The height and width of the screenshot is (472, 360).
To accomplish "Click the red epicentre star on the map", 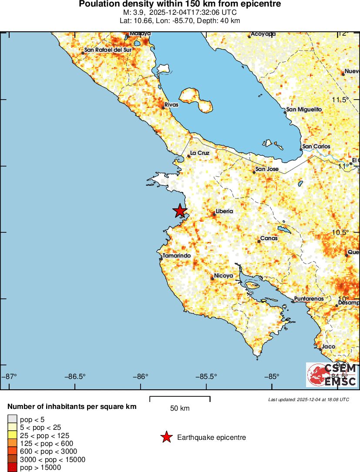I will (180, 211).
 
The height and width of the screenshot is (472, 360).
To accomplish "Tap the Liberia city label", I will (224, 211).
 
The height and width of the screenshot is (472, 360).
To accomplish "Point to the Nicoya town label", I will (224, 276).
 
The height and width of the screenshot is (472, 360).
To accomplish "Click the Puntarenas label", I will (309, 299).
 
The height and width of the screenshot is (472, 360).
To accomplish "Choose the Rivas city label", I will (171, 105).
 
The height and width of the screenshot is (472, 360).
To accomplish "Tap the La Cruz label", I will (200, 153).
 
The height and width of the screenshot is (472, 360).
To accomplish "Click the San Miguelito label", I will (304, 110).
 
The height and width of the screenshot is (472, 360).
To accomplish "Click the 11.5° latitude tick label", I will (341, 100).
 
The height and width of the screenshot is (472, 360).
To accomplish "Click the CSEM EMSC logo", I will (332, 375).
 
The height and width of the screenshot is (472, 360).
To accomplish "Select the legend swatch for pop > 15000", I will (12, 468).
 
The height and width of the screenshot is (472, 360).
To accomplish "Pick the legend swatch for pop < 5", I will (12, 420).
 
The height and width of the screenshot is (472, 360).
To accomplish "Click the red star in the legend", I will (166, 438).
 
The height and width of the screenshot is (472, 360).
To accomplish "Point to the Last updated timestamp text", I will (308, 399).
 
